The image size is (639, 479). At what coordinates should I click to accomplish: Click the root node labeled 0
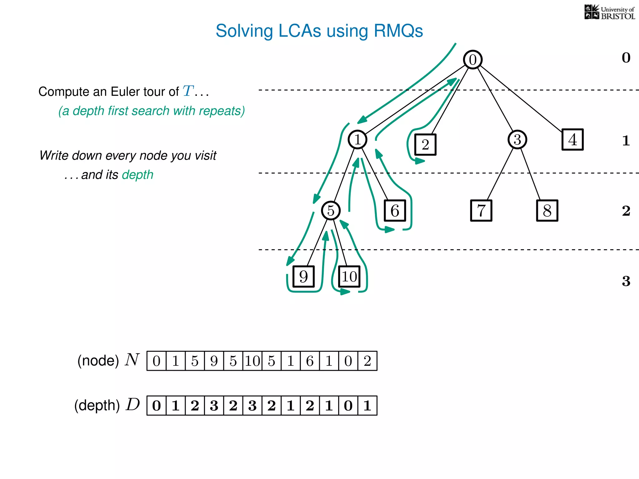(473, 60)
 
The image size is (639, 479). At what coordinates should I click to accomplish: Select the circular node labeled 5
(331, 210)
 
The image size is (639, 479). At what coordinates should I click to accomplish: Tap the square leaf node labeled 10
(349, 277)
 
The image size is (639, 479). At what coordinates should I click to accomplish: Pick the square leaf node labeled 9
(304, 277)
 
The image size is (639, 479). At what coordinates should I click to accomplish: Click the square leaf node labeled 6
(395, 211)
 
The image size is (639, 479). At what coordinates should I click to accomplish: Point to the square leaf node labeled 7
(481, 211)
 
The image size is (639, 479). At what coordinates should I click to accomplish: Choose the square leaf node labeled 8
(547, 211)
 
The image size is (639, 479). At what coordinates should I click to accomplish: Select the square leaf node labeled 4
(573, 139)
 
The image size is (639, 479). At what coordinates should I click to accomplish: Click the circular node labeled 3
(517, 139)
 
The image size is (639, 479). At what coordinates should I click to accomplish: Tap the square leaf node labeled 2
(425, 145)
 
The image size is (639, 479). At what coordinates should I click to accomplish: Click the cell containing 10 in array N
(252, 361)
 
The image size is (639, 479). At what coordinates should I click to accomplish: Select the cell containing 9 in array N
(214, 361)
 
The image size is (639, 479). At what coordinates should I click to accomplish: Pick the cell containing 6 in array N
(310, 361)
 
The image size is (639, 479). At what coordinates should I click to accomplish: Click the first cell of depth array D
(156, 406)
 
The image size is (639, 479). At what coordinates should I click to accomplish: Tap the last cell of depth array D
(367, 406)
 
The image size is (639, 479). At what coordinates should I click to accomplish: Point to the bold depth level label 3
(626, 281)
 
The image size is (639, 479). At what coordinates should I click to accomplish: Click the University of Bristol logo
(609, 12)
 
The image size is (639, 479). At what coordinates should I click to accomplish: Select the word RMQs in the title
(398, 31)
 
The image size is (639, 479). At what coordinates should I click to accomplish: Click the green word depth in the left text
(138, 175)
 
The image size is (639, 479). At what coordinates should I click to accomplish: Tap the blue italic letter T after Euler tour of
(188, 91)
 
